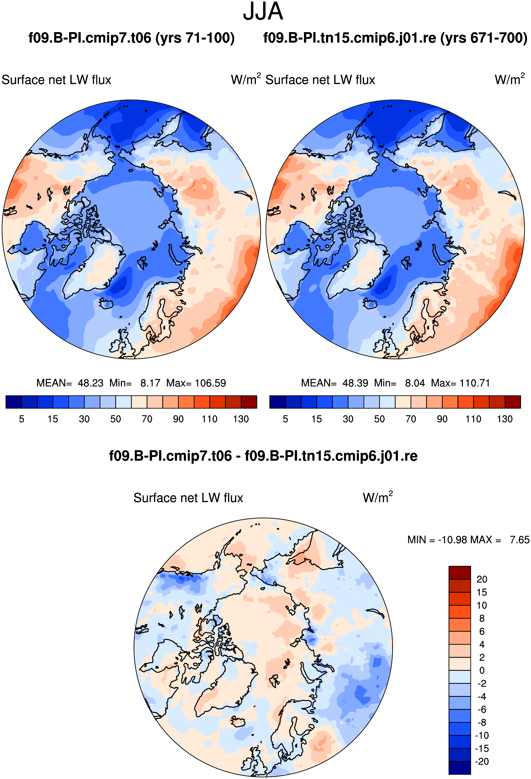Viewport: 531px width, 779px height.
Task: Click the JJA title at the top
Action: coord(263,11)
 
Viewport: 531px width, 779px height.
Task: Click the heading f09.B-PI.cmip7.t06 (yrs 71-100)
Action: coord(131,38)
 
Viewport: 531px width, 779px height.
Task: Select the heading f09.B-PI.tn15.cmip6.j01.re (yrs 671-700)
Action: coord(395,38)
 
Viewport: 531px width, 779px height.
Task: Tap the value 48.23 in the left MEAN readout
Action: coord(91,383)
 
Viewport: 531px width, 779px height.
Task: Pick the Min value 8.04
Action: coord(415,383)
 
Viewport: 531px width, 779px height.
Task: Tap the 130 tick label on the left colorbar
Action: coord(241,419)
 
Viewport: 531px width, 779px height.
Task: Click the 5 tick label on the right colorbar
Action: coord(285,419)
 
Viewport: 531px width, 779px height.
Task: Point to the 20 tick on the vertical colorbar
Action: coord(482,579)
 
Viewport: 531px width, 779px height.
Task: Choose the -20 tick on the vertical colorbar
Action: coord(482,761)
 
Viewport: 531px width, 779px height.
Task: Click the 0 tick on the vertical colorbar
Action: coord(482,671)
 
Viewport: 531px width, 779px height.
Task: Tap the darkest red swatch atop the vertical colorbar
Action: coord(460,572)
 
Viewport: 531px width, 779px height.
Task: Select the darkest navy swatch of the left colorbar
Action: coord(14,402)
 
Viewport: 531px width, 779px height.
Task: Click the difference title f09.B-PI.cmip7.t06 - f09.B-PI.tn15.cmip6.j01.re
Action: coord(263,456)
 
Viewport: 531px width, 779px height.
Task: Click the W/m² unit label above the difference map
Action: coord(377,497)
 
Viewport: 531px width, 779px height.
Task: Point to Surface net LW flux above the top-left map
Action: coord(56,80)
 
